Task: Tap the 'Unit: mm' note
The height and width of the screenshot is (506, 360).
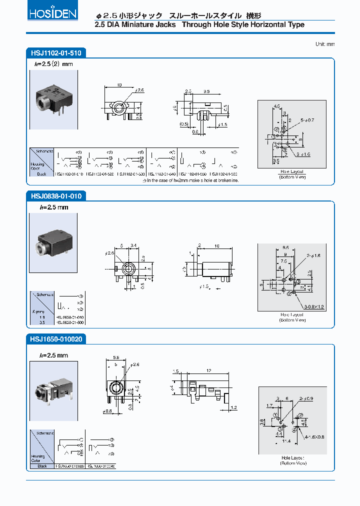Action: pyautogui.click(x=325, y=44)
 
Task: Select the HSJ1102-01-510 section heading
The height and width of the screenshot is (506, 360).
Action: pyautogui.click(x=55, y=52)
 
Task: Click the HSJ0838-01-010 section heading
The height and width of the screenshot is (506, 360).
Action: pyautogui.click(x=55, y=196)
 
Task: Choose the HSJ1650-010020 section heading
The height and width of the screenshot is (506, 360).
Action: pyautogui.click(x=55, y=339)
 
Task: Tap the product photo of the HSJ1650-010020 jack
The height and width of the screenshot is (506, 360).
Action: pyautogui.click(x=53, y=388)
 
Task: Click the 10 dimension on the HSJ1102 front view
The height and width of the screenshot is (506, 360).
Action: pyautogui.click(x=119, y=85)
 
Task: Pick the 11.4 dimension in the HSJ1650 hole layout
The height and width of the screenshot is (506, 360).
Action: pyautogui.click(x=286, y=441)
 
